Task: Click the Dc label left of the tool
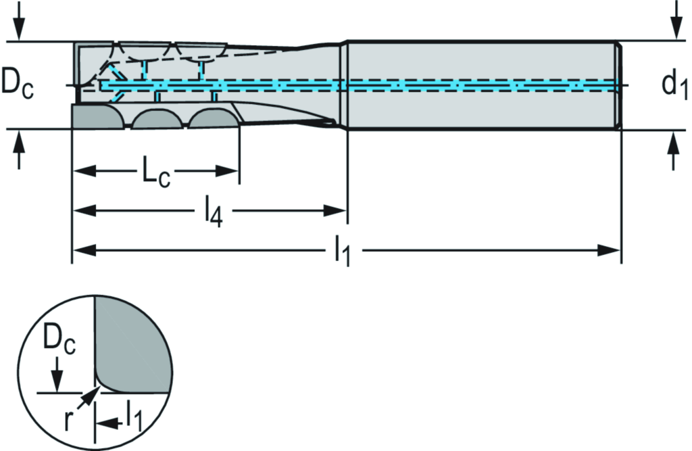[18, 84]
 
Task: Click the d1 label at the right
[674, 85]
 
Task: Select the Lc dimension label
[155, 171]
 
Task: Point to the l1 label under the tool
[343, 253]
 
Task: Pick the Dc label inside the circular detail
[60, 341]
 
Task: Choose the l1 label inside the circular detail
[132, 417]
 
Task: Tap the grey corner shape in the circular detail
[135, 345]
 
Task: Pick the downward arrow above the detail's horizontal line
[58, 379]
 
